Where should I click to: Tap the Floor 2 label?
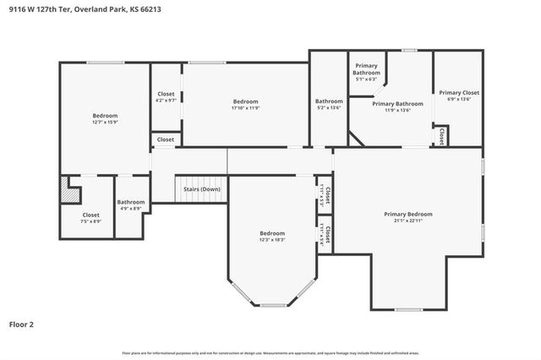(x=23, y=324)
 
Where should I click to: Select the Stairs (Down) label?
(x=201, y=189)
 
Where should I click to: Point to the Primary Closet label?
(x=459, y=92)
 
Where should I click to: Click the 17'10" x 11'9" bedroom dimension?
(x=245, y=108)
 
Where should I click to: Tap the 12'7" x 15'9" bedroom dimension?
(x=105, y=123)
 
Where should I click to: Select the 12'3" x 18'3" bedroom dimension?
(x=272, y=240)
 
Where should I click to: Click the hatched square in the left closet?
(x=68, y=192)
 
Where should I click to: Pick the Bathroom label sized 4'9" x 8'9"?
(x=131, y=202)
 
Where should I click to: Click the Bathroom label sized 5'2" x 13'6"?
(x=328, y=101)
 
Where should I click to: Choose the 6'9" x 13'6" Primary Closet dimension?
(x=459, y=99)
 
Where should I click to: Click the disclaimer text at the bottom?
(x=270, y=352)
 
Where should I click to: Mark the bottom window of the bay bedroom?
(x=272, y=305)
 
